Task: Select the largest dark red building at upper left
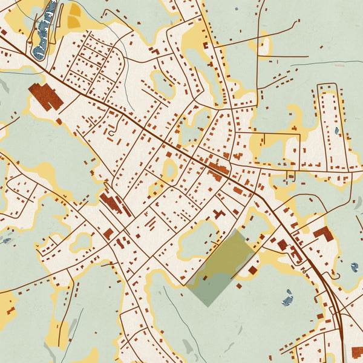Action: pyautogui.click(x=45, y=96)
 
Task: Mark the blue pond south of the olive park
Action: pyautogui.click(x=288, y=297)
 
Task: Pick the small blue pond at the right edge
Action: pyautogui.click(x=354, y=267)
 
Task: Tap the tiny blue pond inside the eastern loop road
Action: pyautogui.click(x=337, y=130)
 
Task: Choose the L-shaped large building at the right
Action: pyautogui.click(x=323, y=234)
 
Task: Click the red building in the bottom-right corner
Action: pyautogui.click(x=358, y=352)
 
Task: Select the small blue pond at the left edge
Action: pyautogui.click(x=6, y=240)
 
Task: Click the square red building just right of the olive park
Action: pyautogui.click(x=252, y=270)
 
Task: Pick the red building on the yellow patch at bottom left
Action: pyautogui.click(x=10, y=310)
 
